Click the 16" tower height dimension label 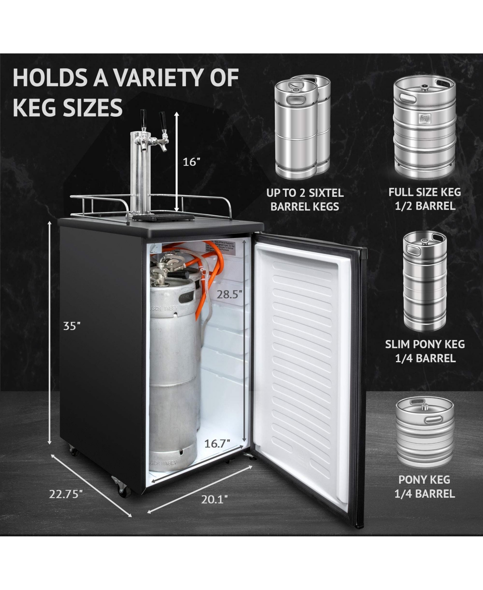(x=191, y=162)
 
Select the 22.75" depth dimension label (x=66, y=494)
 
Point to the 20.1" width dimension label (x=215, y=499)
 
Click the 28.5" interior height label (x=229, y=294)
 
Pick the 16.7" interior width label (x=217, y=444)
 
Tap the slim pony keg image (x=425, y=282)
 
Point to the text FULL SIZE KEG (x=425, y=192)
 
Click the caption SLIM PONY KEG (x=425, y=344)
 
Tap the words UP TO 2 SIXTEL (x=305, y=193)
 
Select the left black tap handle (x=143, y=118)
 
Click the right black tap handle (x=162, y=120)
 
